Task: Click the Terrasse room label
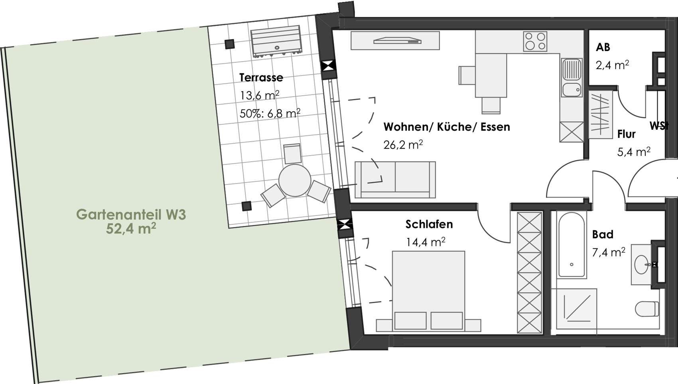coord(261,77)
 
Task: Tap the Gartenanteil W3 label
coord(131,214)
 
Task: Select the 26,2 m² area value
coord(403,145)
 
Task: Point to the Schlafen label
coord(429,224)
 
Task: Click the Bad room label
coord(603,234)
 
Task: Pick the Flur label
coord(627,134)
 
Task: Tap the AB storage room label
coord(603,47)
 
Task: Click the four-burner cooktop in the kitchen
coord(535,41)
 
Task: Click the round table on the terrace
coord(295,180)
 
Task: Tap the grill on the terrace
coord(276,42)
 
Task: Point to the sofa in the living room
coord(395,180)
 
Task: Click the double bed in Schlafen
coord(428,291)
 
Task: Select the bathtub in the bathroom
coord(572,245)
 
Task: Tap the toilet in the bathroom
coord(647,309)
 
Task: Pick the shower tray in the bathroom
coord(574,309)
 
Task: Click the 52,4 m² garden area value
coord(131,229)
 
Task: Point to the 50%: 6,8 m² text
coord(270,114)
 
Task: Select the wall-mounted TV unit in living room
coord(395,41)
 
